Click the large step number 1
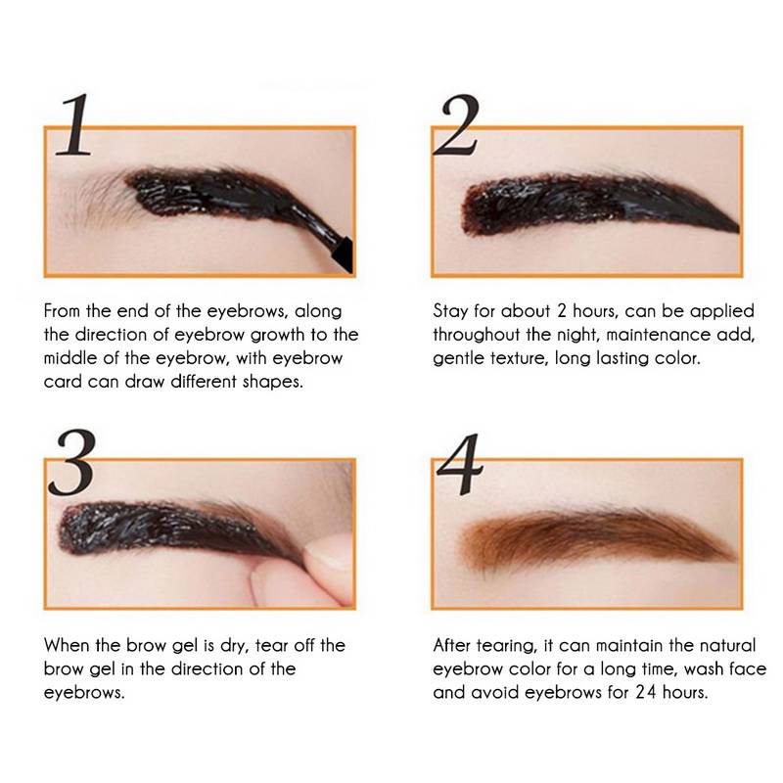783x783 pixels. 75,125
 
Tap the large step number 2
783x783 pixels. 457,125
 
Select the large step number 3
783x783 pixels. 71,462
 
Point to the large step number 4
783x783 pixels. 460,464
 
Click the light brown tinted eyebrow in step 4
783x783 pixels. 597,539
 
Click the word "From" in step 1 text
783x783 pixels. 62,311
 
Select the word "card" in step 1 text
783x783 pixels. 63,382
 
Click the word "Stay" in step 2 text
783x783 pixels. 450,311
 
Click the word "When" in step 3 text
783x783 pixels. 66,645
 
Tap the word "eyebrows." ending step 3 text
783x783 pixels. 84,693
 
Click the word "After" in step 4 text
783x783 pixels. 451,645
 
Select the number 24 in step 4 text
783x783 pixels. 646,692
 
